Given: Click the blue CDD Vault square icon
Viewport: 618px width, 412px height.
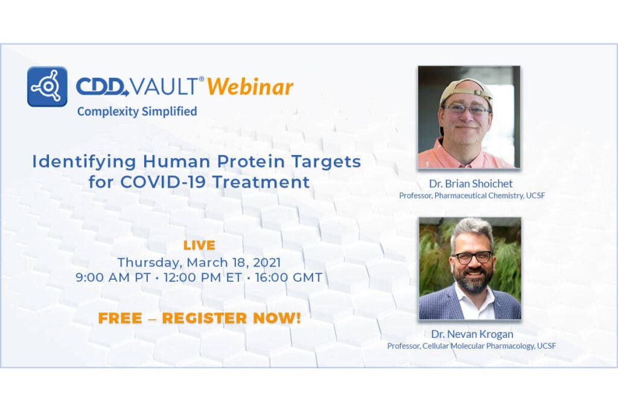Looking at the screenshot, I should [47, 87].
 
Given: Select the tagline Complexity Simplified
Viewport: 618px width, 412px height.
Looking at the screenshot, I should [137, 111].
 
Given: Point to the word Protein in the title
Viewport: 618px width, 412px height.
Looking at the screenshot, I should [252, 162].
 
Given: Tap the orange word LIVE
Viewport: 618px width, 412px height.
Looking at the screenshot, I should [199, 245].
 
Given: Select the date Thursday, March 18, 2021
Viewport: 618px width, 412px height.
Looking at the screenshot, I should [199, 262].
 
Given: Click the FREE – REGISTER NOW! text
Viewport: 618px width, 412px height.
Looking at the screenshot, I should [199, 318].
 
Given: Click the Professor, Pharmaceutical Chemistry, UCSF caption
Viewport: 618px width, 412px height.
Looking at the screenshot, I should [471, 195].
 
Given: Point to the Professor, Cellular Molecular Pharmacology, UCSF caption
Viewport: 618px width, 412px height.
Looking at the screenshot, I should [471, 346].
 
